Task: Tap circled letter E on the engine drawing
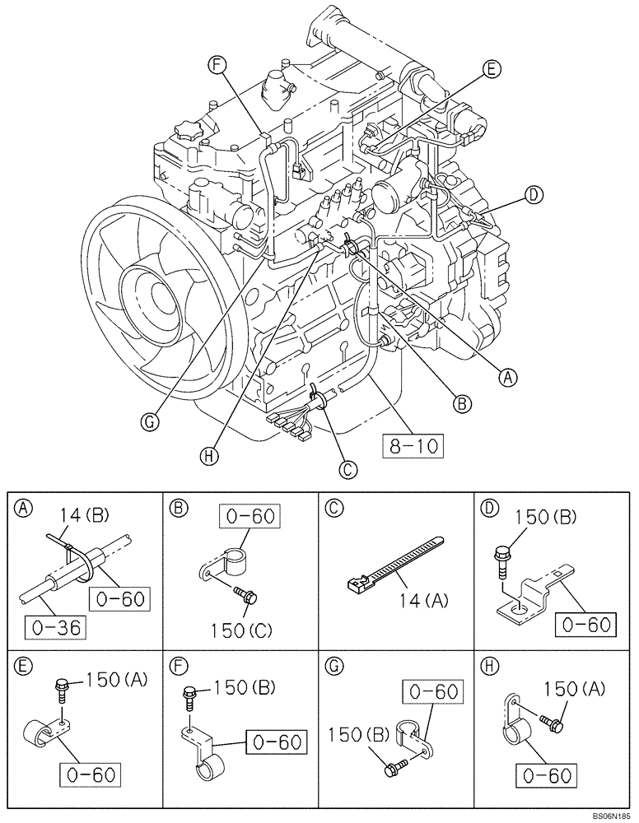tap(490, 70)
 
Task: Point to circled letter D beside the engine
tap(534, 195)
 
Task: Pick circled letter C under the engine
tap(348, 468)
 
